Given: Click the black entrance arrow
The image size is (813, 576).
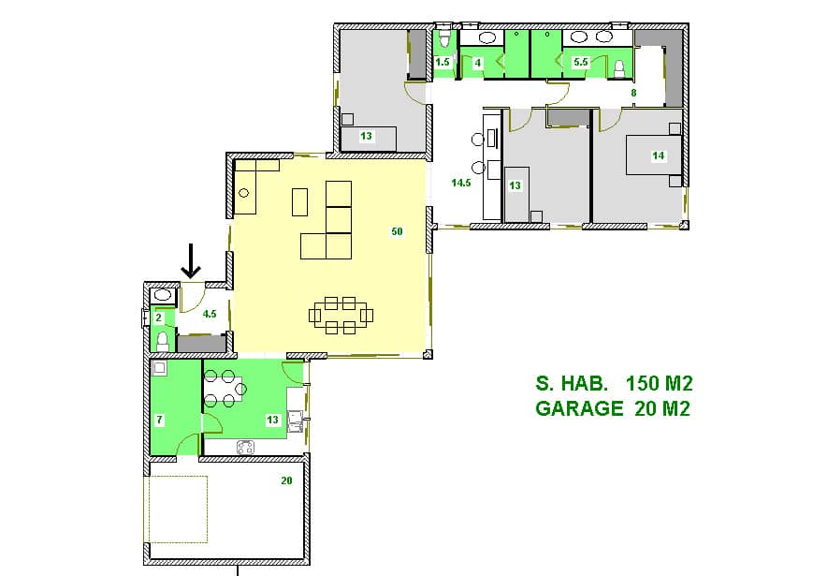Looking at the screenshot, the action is click(x=191, y=261).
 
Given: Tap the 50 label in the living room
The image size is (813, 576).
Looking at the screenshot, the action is click(x=397, y=231).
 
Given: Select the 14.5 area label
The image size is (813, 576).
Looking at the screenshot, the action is click(x=461, y=183).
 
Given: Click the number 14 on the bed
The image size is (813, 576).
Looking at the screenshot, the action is click(x=658, y=155).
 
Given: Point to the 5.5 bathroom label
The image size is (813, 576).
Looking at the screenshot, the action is click(x=581, y=62).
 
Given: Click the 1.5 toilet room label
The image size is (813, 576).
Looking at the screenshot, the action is click(x=443, y=62).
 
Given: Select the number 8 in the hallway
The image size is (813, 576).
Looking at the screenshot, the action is click(x=633, y=93).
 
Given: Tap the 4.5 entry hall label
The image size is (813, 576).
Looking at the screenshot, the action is click(x=210, y=314).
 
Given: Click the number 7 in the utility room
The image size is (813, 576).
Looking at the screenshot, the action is click(x=160, y=420).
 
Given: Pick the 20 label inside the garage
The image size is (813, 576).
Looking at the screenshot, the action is click(x=286, y=481).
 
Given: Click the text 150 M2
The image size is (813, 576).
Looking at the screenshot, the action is click(x=659, y=383).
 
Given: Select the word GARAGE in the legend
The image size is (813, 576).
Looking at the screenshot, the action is click(x=579, y=408).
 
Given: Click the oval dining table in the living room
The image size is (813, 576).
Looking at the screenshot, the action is click(x=341, y=315).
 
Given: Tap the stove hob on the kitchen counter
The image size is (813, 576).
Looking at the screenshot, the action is click(x=246, y=447).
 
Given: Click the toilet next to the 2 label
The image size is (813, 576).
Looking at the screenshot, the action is click(x=163, y=340).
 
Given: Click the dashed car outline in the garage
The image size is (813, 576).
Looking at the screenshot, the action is click(x=179, y=510).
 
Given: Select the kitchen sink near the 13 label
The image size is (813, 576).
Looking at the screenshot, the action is click(x=296, y=421).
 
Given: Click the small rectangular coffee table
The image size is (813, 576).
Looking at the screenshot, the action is click(x=299, y=202).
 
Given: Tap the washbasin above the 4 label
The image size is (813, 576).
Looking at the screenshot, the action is click(x=486, y=37).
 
